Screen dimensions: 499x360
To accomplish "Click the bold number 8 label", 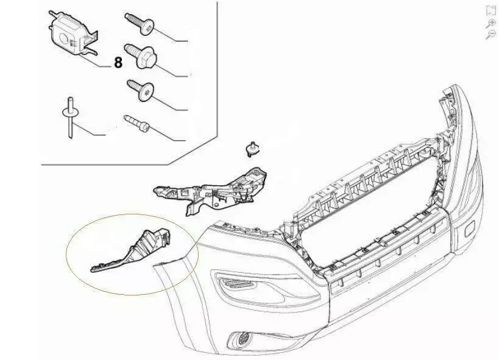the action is [118, 62].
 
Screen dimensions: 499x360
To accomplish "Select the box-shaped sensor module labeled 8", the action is [73, 34].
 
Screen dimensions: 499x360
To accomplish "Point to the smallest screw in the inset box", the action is [137, 123].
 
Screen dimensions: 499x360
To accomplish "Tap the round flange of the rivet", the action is [70, 112].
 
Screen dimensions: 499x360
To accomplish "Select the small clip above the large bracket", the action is [252, 149].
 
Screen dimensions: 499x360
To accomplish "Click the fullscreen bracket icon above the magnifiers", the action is [491, 10].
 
